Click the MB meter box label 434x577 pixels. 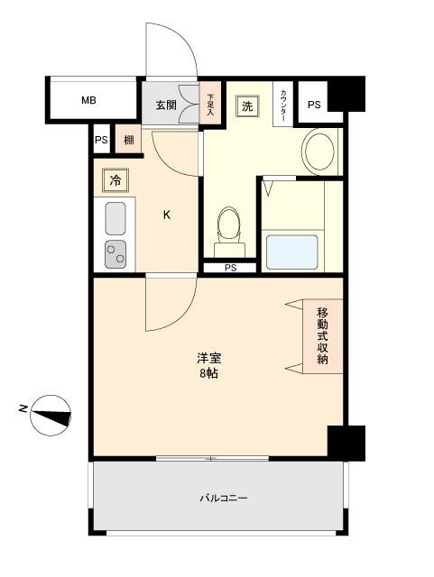pos(88,100)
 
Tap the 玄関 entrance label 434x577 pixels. pos(165,105)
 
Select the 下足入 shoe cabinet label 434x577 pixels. pos(211,105)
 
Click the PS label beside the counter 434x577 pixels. pos(313,105)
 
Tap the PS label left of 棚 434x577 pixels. pos(101,140)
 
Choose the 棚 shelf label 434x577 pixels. pos(129,140)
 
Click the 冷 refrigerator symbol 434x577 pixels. pos(115,180)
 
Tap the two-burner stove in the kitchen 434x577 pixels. pos(115,253)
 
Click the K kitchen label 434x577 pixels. pos(166,215)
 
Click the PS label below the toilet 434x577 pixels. pos(230,267)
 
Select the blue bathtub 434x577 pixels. pos(290,252)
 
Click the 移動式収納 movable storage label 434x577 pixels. pos(323,336)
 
